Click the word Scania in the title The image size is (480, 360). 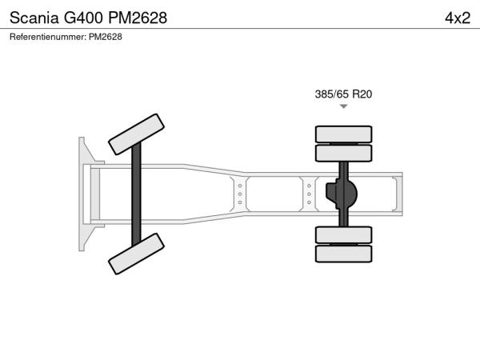34,18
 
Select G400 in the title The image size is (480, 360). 83,18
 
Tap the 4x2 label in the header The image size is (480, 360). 458,18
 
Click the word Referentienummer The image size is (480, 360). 48,37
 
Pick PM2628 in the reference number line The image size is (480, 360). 106,37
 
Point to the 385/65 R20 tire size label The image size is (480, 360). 343,94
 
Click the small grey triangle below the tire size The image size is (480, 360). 344,106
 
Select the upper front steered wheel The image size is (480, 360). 136,134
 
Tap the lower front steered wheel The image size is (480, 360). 136,254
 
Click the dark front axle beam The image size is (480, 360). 136,194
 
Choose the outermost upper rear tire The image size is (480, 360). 343,134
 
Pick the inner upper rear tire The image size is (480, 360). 343,153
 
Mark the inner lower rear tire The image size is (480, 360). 343,235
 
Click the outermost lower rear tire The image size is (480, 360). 343,254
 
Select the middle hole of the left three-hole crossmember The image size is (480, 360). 240,194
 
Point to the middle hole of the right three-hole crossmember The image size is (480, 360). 309,194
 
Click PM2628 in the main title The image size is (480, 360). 138,18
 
